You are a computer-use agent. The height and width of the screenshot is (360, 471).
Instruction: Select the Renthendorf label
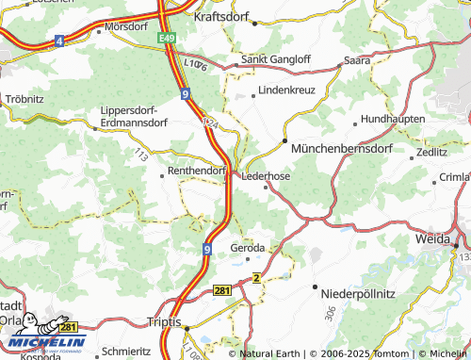pos(196,172)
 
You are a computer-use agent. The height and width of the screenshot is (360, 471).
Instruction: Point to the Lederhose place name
pos(266,175)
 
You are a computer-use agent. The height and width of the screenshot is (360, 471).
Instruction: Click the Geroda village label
pos(249,248)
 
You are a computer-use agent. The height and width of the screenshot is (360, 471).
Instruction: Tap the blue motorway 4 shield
pos(58,41)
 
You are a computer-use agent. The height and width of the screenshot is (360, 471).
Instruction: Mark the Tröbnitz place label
pos(24,98)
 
